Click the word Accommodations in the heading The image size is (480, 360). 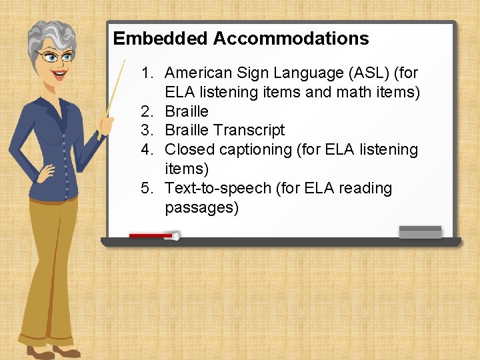pos(291,39)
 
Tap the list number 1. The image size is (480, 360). pos(147,73)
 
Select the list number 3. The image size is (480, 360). pos(147,131)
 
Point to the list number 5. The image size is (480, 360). pos(147,189)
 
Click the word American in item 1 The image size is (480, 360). pos(198,73)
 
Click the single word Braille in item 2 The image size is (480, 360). pos(187,111)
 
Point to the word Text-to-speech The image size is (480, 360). pos(217,189)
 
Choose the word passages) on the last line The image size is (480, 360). pos(201,208)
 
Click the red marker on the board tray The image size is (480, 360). pos(153,235)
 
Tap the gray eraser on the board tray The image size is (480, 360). pos(420,232)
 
